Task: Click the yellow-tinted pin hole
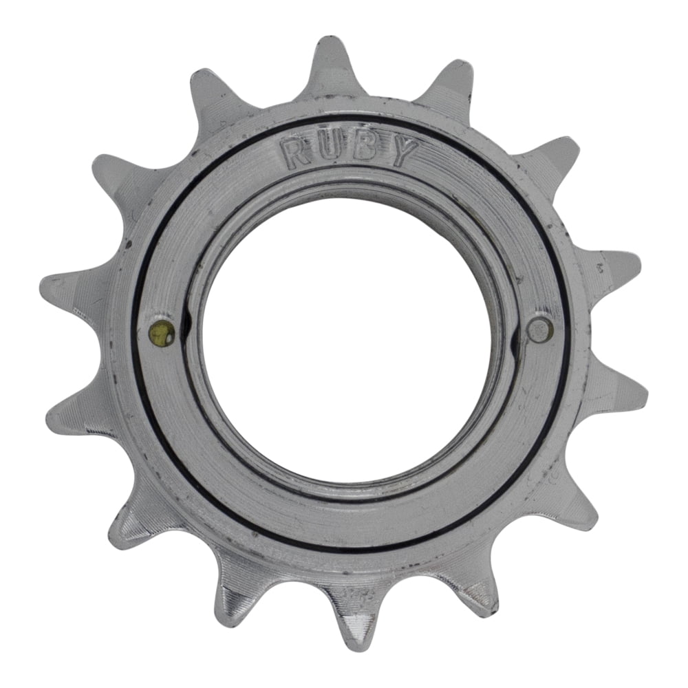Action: tap(162, 333)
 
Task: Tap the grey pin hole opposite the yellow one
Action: tap(540, 329)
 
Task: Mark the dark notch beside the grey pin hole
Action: tap(517, 335)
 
